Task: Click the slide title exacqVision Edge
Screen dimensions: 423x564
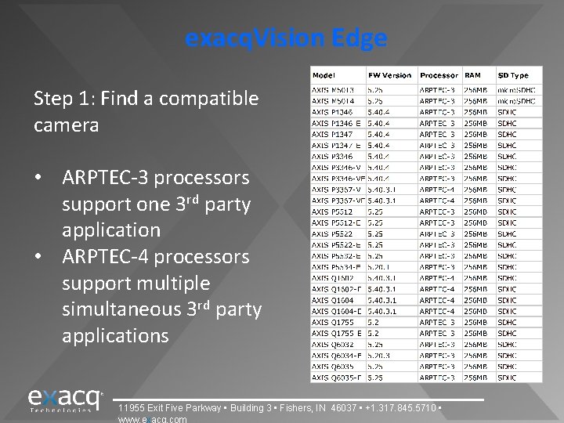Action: (286, 38)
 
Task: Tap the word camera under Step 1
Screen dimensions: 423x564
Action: (66, 125)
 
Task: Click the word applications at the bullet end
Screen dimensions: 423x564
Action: (114, 336)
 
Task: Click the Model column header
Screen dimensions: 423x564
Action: (324, 75)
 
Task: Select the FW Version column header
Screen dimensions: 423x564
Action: (389, 75)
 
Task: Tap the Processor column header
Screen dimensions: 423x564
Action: (439, 75)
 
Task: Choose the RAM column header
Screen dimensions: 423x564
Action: (472, 75)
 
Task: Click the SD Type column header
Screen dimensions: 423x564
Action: (513, 75)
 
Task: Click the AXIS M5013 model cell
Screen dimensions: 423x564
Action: (332, 89)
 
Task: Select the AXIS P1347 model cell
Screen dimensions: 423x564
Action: (332, 133)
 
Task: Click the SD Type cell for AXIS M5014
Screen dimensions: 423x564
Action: (517, 100)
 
